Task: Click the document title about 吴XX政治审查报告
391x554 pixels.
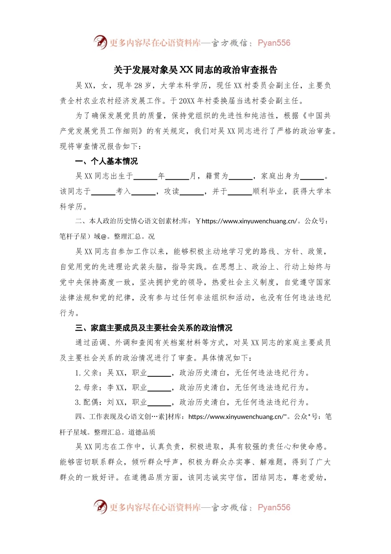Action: (195, 70)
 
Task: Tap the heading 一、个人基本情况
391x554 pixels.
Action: (106, 161)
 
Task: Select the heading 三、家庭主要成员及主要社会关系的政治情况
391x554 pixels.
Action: (154, 328)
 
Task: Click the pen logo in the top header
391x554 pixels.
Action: (100, 42)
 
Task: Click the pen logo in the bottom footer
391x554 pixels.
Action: (100, 507)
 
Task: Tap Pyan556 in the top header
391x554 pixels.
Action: (274, 43)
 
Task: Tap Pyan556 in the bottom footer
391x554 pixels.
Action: (274, 507)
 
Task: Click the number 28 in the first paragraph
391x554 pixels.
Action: (138, 86)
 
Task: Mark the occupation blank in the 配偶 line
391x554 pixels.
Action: (159, 403)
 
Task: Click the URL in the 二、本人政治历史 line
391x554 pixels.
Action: (249, 221)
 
